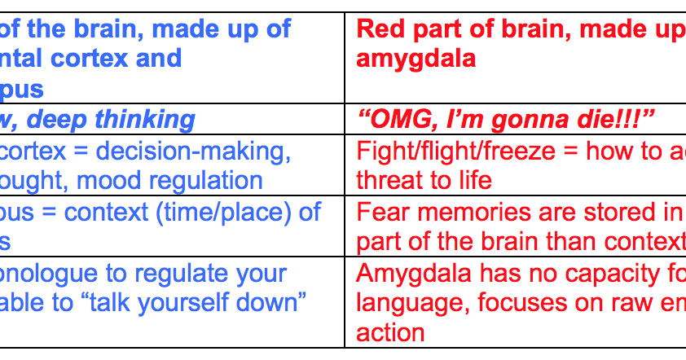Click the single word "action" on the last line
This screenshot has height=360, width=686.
click(x=390, y=332)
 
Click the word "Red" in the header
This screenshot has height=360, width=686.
click(x=377, y=30)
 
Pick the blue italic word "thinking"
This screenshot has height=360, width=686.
click(x=145, y=119)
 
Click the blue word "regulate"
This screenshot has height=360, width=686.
click(x=169, y=274)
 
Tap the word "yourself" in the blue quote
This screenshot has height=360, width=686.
click(x=198, y=304)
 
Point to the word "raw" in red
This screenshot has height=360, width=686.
click(x=631, y=304)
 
